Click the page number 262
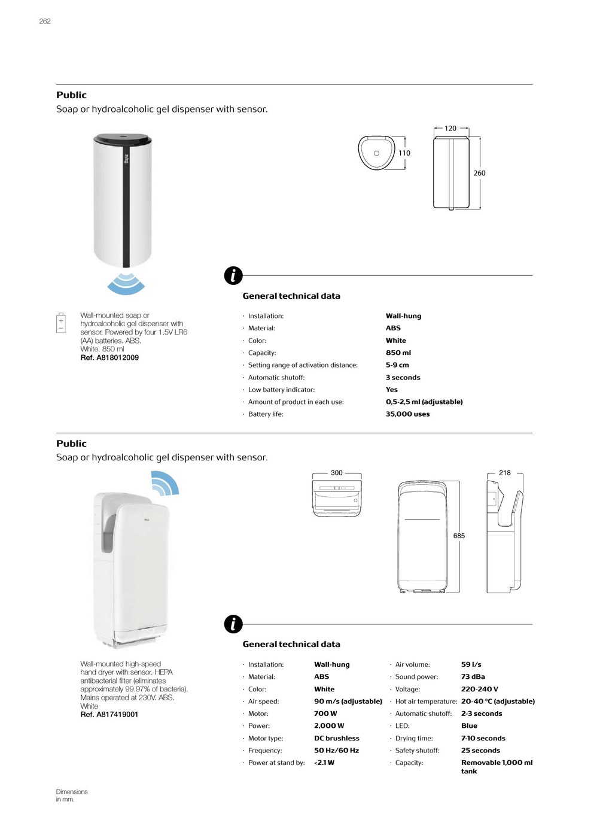coord(45,22)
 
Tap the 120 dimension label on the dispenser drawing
coord(450,129)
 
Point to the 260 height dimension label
coord(479,174)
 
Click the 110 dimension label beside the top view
coord(404,153)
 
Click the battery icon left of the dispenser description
coord(61,322)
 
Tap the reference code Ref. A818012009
coord(109,358)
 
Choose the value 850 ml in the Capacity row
coord(398,353)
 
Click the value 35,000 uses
coord(407,414)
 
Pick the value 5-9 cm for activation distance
coord(397,365)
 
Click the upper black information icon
coord(233,275)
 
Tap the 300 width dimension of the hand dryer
coord(337,473)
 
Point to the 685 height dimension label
coord(459,536)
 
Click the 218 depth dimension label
coord(505,473)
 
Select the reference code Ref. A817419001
coord(109,715)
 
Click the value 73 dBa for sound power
coord(473,677)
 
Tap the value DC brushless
coord(337,739)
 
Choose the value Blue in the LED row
coord(469,726)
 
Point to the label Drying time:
coord(414,739)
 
